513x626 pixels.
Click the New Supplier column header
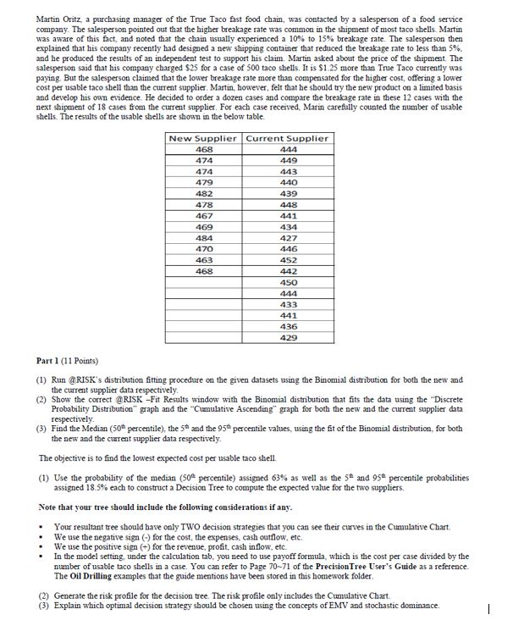tap(203, 138)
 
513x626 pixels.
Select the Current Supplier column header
tap(289, 138)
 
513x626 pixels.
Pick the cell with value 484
tap(203, 238)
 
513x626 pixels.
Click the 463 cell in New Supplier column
tap(203, 260)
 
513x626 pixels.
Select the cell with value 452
tap(289, 260)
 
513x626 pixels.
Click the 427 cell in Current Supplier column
tap(289, 238)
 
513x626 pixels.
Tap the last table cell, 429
tap(289, 337)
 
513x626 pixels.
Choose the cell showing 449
tap(289, 159)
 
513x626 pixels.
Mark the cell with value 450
tap(289, 281)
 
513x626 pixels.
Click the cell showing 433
tap(289, 303)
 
